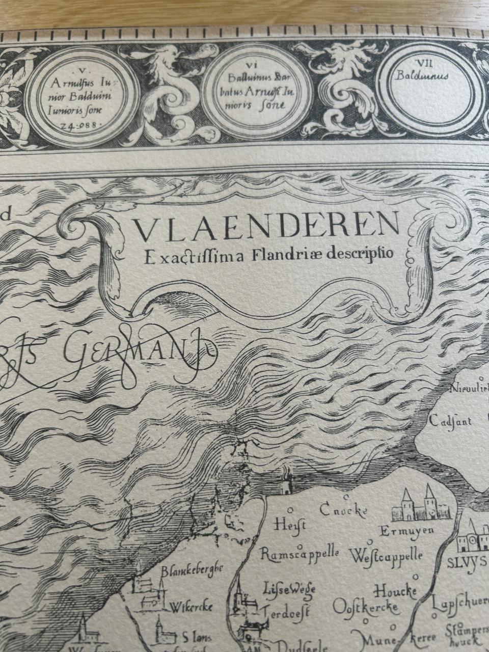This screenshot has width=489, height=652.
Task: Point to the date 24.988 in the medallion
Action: click(x=81, y=124)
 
